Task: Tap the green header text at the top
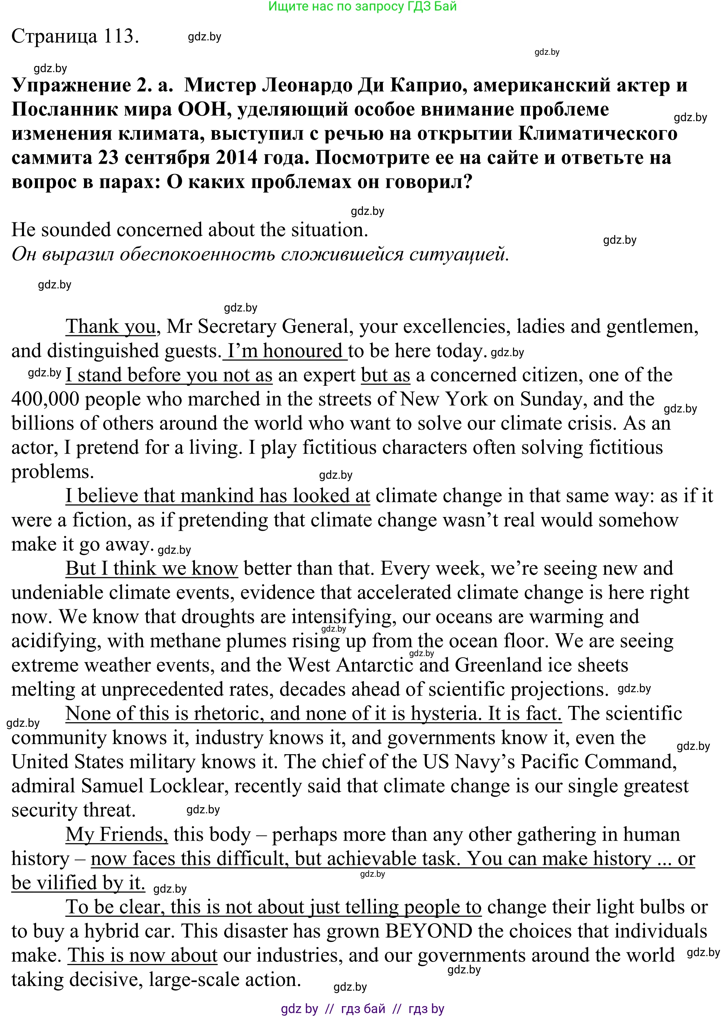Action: (x=362, y=6)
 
